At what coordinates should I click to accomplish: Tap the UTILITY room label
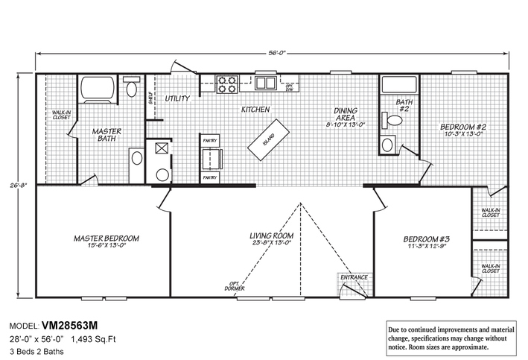tap(177, 98)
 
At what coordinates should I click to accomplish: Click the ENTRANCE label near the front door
tap(354, 278)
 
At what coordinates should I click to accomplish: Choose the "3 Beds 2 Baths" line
tap(38, 350)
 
